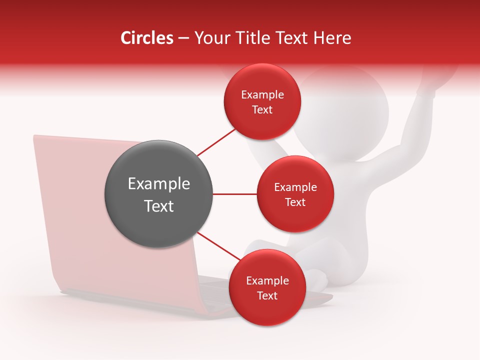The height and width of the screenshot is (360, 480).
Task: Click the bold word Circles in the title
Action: click(x=146, y=38)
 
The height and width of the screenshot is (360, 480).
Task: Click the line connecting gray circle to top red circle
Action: click(x=216, y=142)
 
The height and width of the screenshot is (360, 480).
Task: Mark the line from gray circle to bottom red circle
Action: click(x=219, y=246)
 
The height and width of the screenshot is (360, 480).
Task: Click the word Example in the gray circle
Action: click(x=158, y=184)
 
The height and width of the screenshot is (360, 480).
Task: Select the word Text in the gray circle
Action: click(x=158, y=206)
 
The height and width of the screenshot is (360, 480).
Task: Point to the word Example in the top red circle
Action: click(x=262, y=95)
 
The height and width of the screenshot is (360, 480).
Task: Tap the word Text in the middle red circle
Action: click(x=295, y=202)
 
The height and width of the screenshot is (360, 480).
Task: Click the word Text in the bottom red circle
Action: click(x=267, y=295)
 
